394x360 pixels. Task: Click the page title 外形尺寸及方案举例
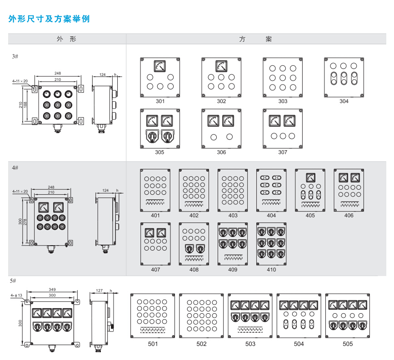49,19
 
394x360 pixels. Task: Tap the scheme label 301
160,101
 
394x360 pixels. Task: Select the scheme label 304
344,101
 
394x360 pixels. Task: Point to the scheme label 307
283,153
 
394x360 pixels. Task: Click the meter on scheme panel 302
221,66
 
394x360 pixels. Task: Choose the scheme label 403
233,216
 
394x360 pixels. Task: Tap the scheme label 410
271,270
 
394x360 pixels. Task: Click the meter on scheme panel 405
310,178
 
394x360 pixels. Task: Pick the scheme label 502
201,344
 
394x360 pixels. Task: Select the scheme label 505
348,344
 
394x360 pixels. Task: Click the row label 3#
15,57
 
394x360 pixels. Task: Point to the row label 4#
15,168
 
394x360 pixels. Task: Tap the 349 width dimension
52,289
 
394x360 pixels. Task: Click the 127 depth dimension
100,289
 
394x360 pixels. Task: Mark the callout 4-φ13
16,296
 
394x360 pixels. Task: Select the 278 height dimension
25,221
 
